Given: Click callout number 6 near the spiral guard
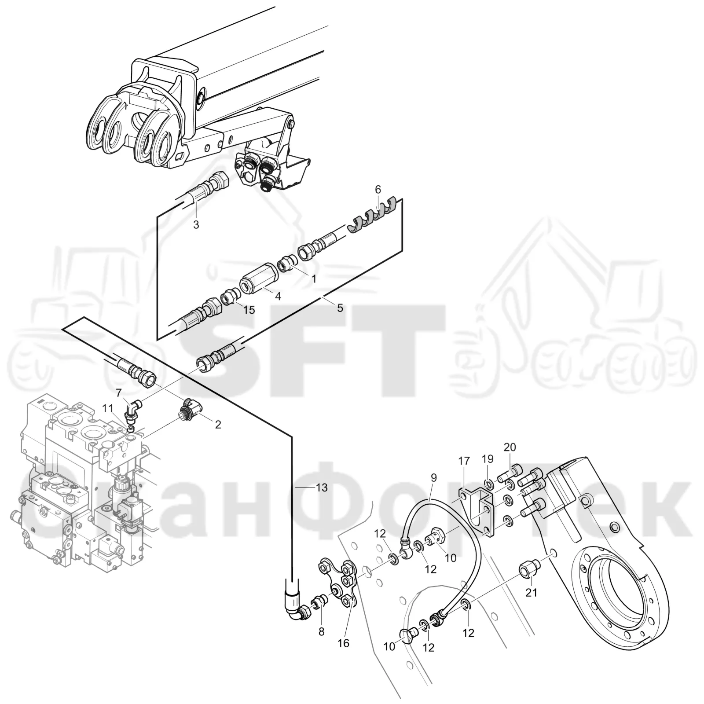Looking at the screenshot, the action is click(378, 190).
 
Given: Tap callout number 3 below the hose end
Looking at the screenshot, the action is click(196, 225).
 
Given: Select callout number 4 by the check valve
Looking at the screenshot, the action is click(278, 297).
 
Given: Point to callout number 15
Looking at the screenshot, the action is click(249, 310).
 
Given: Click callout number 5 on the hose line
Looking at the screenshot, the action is click(340, 308).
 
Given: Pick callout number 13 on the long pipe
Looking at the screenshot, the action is click(322, 488).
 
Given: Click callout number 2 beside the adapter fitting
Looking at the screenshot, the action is click(217, 425).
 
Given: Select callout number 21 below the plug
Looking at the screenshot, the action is click(532, 593).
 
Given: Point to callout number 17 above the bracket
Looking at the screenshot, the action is click(464, 461).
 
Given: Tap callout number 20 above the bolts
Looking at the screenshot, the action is click(510, 447).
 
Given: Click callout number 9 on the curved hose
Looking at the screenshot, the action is click(434, 477).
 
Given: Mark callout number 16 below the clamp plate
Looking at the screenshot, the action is click(343, 643).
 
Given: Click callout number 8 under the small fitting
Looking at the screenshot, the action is click(321, 631).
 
